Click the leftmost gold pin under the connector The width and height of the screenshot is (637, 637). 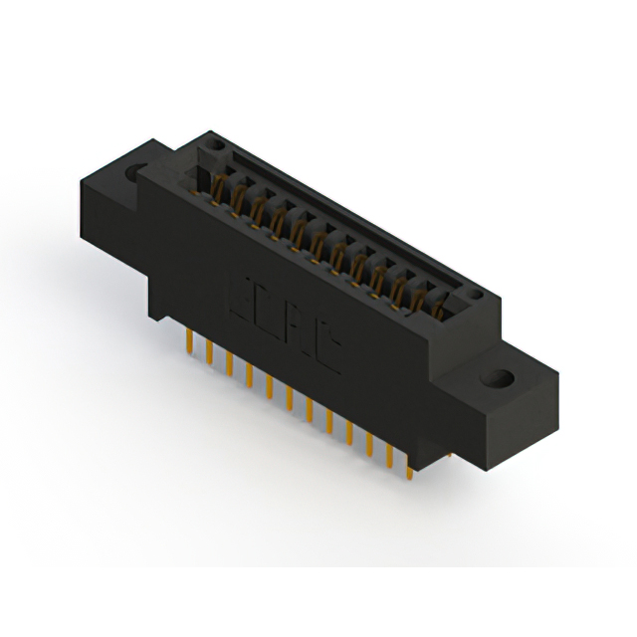pos(188,343)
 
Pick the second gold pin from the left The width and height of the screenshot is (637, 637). pos(208,353)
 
